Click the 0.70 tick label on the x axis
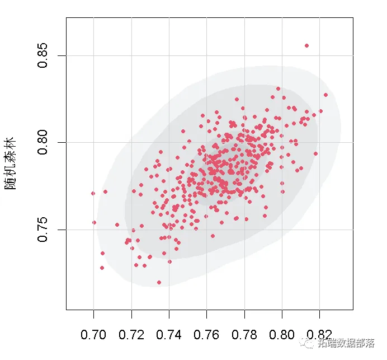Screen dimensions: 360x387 coord(93,335)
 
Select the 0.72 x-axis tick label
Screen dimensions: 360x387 coord(131,335)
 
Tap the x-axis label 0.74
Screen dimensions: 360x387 coord(169,335)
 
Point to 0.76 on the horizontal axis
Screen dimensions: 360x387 coord(207,335)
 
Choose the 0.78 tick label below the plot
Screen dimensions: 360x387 coord(244,335)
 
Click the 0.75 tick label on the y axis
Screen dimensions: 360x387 coord(44,230)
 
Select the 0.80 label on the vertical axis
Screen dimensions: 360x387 coord(44,142)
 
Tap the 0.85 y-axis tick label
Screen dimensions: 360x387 coord(44,55)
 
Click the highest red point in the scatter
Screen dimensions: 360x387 coord(306,45)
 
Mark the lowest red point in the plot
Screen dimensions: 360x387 coord(159,283)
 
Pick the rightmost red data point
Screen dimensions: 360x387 coord(325,95)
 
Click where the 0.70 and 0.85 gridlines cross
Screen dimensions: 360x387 coord(93,55)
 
